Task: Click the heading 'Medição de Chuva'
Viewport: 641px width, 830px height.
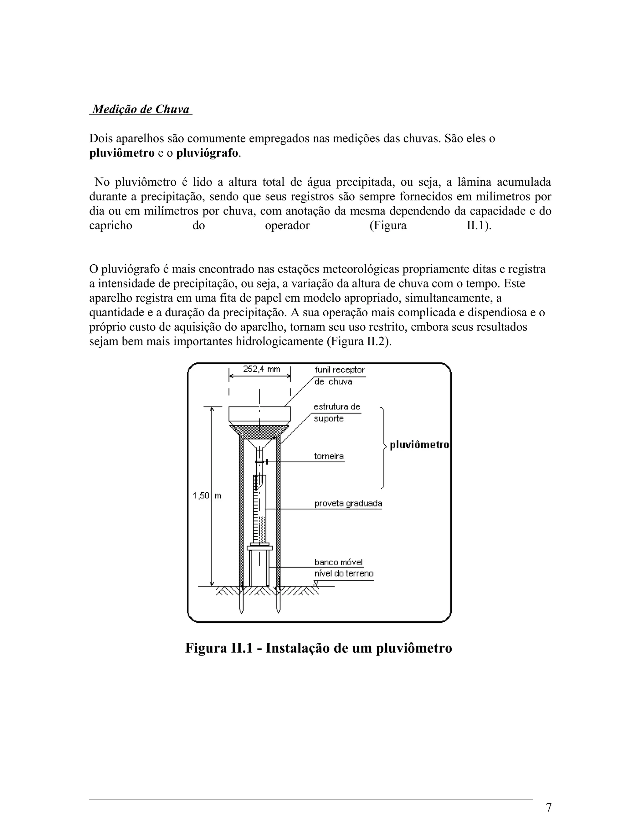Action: click(141, 109)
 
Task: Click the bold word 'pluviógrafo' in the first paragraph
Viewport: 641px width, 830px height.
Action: click(207, 153)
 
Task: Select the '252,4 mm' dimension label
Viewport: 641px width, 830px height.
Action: click(261, 369)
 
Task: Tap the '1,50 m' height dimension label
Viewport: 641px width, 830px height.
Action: click(207, 495)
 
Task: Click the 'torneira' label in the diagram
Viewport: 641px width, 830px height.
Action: click(329, 456)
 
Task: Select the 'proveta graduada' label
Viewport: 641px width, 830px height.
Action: click(348, 504)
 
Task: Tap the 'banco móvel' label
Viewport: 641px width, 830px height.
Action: click(338, 562)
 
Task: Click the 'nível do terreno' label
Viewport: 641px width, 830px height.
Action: click(344, 573)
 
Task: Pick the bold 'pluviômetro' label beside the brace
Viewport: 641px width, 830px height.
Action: click(419, 445)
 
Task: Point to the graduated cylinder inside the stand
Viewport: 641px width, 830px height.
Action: click(260, 509)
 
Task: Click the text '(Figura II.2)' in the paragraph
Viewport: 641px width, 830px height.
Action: click(358, 341)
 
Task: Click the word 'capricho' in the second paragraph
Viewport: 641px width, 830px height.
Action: click(110, 226)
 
